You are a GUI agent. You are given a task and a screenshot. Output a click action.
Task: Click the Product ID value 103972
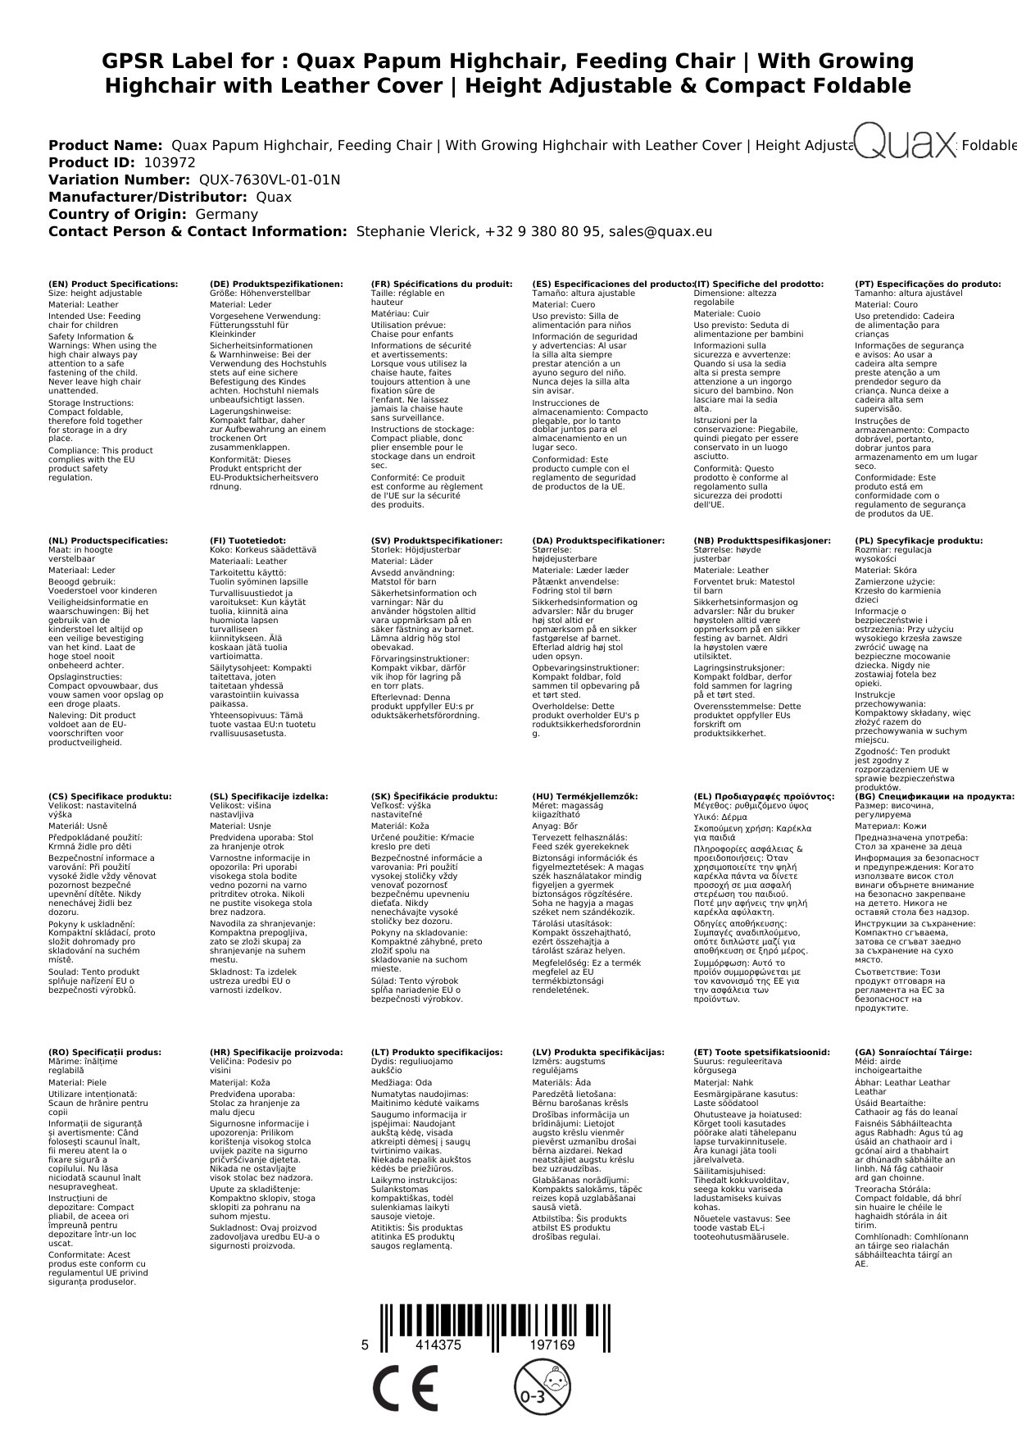(x=170, y=162)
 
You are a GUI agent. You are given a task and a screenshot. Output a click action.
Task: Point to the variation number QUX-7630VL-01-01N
(x=270, y=180)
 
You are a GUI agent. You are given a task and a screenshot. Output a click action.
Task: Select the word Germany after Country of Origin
(x=226, y=214)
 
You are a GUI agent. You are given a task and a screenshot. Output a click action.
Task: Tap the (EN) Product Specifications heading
(x=113, y=284)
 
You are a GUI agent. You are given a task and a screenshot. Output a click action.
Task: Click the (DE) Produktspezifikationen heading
(x=276, y=284)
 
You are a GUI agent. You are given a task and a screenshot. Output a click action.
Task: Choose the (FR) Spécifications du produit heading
(x=442, y=284)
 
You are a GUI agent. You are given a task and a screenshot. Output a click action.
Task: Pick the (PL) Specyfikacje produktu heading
(x=919, y=541)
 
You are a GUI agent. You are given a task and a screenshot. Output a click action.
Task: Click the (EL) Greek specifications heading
(x=764, y=796)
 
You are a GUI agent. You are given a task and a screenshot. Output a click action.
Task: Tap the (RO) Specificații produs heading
(x=105, y=1052)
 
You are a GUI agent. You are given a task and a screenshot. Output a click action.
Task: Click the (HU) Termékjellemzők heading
(x=584, y=796)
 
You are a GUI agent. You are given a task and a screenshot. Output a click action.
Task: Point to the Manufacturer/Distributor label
(x=148, y=197)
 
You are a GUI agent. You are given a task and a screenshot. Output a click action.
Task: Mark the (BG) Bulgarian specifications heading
(x=934, y=796)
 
